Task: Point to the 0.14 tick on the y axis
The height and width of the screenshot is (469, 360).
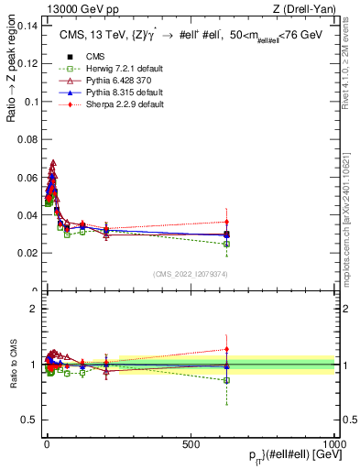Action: pyautogui.click(x=27, y=25)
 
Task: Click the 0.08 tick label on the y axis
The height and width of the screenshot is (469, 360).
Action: pyautogui.click(x=27, y=138)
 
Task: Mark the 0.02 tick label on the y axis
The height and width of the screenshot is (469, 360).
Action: pyautogui.click(x=27, y=253)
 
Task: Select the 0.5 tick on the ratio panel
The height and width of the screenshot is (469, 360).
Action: pyautogui.click(x=31, y=420)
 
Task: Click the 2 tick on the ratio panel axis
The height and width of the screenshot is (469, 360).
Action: pyautogui.click(x=35, y=309)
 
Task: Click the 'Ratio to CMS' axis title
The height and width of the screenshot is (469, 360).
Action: pyautogui.click(x=13, y=365)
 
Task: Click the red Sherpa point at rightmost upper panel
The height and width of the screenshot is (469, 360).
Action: pyautogui.click(x=227, y=222)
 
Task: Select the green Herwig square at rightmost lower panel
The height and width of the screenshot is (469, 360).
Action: pyautogui.click(x=227, y=380)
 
